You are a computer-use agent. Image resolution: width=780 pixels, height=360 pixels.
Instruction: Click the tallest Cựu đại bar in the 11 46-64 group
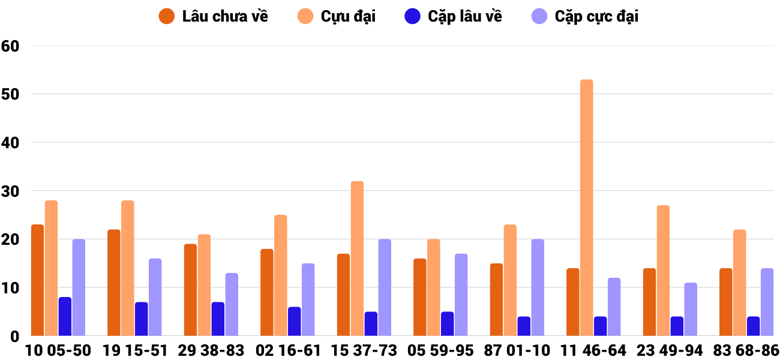coord(586,208)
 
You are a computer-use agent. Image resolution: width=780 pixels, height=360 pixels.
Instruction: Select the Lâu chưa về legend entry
coord(213,16)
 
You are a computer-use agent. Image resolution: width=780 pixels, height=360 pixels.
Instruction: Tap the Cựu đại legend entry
coord(336,16)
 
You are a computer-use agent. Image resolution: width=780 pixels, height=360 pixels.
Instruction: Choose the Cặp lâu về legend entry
coord(453,16)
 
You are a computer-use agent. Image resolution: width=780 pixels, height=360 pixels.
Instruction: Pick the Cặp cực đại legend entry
coord(585,16)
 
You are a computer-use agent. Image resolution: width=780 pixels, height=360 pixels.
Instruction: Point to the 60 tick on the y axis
coord(11,46)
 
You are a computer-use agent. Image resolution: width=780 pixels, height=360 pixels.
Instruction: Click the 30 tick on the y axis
coord(11,191)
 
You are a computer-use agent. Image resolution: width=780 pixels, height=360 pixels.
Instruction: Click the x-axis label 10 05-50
coord(58,350)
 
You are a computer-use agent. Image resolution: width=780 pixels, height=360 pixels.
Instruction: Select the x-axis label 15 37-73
coord(364,350)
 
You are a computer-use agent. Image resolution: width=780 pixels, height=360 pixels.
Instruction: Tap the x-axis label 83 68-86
coord(746,350)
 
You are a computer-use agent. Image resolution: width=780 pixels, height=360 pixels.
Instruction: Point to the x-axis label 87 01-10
coord(517,350)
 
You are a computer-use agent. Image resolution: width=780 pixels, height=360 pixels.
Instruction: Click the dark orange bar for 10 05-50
coord(37,280)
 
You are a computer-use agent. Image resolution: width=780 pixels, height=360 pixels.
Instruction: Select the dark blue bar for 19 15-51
coord(141,319)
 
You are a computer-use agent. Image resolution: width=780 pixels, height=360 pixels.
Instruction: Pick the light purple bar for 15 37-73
coord(385,287)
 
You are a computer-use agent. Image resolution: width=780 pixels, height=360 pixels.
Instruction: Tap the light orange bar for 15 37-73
coord(357,259)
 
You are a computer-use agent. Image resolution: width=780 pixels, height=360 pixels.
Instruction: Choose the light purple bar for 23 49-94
coord(691,309)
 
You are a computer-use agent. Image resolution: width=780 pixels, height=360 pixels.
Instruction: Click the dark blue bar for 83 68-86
coord(753,326)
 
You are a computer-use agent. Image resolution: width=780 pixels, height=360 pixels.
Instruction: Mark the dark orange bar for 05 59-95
coord(419,297)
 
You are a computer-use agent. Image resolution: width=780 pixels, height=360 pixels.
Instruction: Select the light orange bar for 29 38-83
coord(204,285)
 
